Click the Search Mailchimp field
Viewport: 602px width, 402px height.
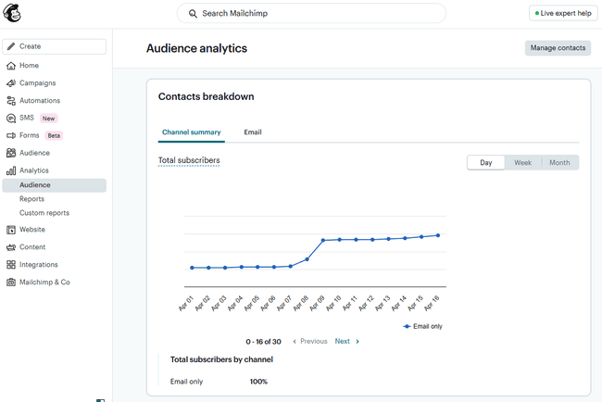click(x=310, y=14)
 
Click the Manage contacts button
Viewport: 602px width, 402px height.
click(x=557, y=48)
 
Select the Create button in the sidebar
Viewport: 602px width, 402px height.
click(x=54, y=46)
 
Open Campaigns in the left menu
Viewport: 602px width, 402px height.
click(x=37, y=83)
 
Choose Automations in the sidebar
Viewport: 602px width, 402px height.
click(x=40, y=101)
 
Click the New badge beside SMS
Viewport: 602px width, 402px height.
click(x=48, y=119)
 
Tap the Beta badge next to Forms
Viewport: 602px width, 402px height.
click(x=54, y=135)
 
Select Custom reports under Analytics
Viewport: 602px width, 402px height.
click(x=44, y=213)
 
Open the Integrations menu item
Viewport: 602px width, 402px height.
click(x=39, y=265)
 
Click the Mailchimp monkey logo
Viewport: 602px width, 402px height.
click(x=13, y=14)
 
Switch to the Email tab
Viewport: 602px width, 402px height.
click(x=253, y=132)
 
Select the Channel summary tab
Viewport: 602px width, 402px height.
click(x=191, y=132)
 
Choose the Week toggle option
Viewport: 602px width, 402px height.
click(x=522, y=163)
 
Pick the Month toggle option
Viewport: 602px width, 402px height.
click(x=559, y=163)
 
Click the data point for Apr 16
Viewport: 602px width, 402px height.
click(x=437, y=235)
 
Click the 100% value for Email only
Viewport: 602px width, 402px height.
click(x=258, y=382)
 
